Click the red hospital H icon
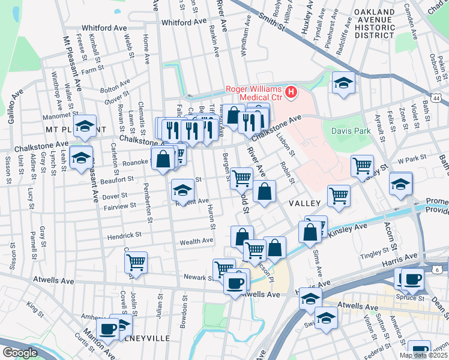coord(292,92)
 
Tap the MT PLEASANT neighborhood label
coord(67,130)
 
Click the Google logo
coord(20,353)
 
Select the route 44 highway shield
coord(436,97)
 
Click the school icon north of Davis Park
coord(343,83)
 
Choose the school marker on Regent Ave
coord(182,190)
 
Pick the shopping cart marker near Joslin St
coord(136,262)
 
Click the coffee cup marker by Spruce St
coord(412,279)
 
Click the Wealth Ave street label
coord(196,241)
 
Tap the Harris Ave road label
coord(399,257)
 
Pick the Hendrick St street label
coord(124,236)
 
